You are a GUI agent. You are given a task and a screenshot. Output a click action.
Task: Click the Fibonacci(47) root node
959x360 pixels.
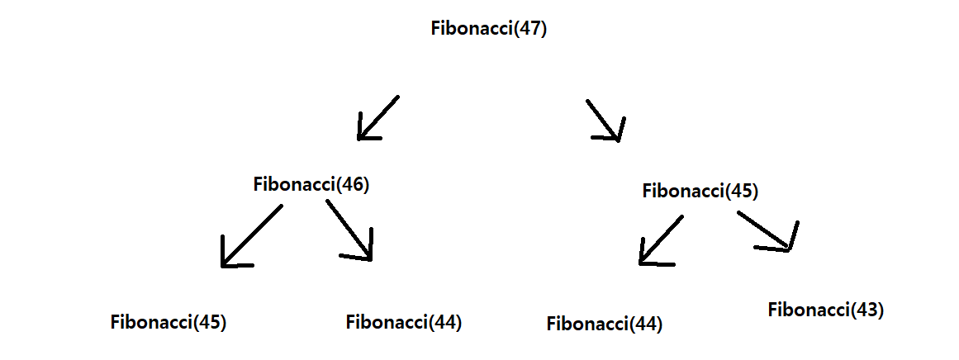click(x=489, y=28)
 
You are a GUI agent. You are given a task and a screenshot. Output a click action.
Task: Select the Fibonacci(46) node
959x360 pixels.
click(x=311, y=184)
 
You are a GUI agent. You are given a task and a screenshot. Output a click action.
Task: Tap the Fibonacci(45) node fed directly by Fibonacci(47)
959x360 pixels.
click(x=700, y=192)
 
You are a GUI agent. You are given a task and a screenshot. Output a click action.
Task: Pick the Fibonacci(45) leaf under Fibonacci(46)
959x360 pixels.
click(x=168, y=322)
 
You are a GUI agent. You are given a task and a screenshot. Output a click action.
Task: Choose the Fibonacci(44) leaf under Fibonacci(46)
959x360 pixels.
click(x=403, y=322)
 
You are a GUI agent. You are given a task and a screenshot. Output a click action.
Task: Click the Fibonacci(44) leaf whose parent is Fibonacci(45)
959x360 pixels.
click(x=604, y=324)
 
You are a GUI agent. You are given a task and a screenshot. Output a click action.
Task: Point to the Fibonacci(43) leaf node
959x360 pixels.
click(x=825, y=310)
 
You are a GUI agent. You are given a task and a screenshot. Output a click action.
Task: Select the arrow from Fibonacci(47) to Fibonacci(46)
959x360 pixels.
click(x=378, y=117)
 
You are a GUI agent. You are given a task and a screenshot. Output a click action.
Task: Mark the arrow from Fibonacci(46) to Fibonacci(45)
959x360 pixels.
click(x=251, y=236)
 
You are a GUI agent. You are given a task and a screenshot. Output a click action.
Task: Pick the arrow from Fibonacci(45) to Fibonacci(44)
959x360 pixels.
click(x=661, y=240)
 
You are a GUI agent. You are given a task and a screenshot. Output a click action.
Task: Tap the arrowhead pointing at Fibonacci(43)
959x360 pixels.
click(x=789, y=244)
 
